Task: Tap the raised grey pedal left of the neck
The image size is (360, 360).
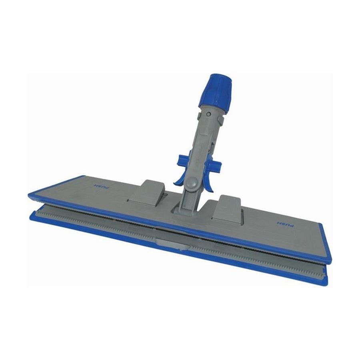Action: [x=145, y=192]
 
